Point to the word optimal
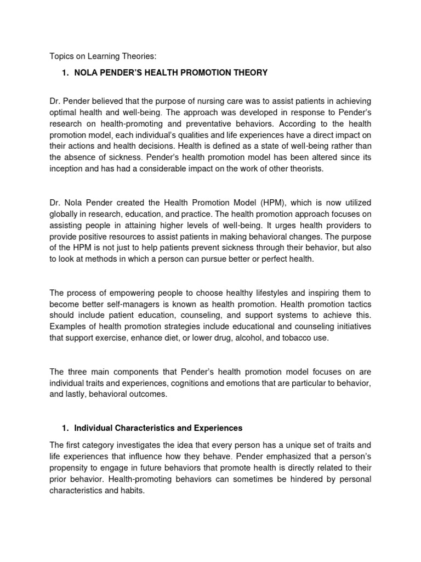click(65, 113)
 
